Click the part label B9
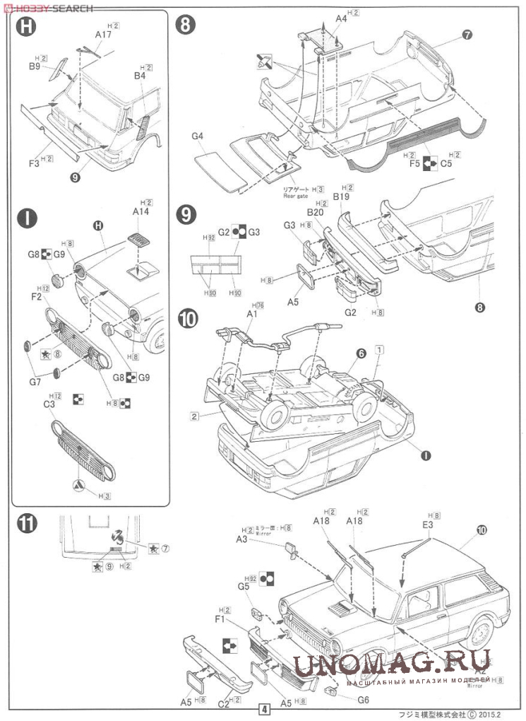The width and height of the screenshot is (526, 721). [35, 66]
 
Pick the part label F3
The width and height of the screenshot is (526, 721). [34, 163]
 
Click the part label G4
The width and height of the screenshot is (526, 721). [197, 136]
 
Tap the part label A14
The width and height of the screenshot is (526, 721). [141, 211]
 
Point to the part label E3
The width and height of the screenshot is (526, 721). [429, 525]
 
